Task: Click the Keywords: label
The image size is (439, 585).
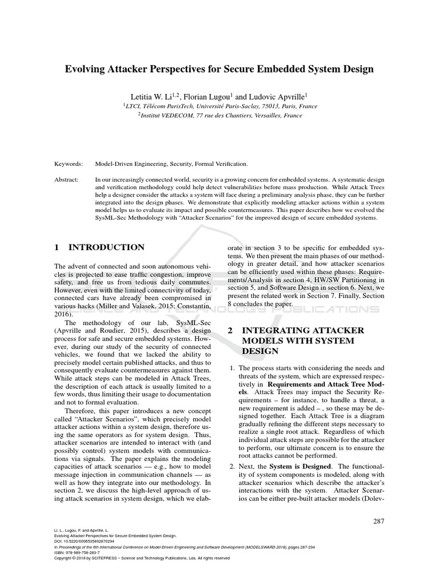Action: click(69, 163)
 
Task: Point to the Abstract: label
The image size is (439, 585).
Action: click(67, 179)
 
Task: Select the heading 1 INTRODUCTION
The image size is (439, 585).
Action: click(99, 247)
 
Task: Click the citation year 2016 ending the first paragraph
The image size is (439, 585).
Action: click(64, 314)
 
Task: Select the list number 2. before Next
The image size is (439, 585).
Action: click(233, 467)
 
